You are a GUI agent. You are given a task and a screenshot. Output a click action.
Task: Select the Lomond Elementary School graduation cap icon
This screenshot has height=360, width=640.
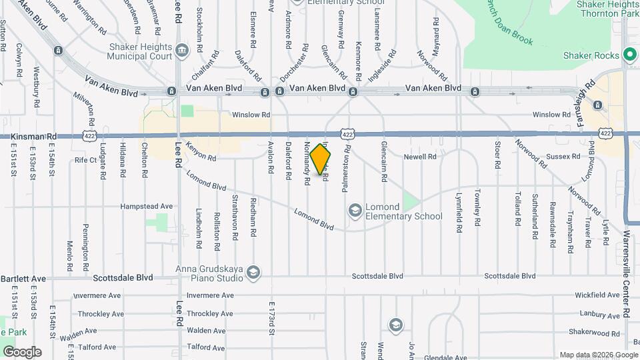[x=355, y=211]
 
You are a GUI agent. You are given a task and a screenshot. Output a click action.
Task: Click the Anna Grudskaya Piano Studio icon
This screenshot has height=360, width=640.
[x=253, y=272]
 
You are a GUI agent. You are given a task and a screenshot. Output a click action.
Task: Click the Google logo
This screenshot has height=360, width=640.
[x=22, y=352]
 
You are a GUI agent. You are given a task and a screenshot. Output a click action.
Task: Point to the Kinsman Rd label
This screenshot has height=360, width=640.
[x=33, y=136]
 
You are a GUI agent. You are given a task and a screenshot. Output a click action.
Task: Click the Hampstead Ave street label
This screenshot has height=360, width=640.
[x=147, y=207]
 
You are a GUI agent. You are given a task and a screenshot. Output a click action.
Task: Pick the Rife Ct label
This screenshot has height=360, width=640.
[x=86, y=160]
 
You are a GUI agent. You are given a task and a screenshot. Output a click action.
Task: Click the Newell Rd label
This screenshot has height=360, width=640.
[x=420, y=157]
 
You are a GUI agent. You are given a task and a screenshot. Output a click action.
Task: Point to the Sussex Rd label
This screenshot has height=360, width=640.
[x=563, y=157]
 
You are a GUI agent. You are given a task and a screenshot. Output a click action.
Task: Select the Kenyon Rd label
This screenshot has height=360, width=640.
[x=201, y=153]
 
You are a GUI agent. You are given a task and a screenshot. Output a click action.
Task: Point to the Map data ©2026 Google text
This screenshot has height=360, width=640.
[x=599, y=355]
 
